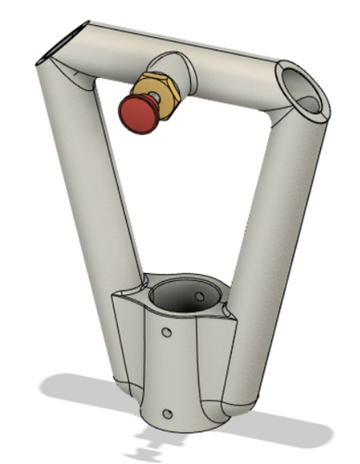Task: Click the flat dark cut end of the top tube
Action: [58, 45]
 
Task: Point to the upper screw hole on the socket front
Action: [167, 331]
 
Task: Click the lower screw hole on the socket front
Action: [167, 413]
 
